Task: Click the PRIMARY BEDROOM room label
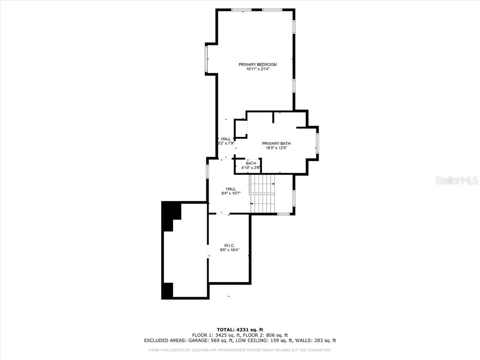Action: point(257,64)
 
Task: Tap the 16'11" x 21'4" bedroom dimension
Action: point(257,69)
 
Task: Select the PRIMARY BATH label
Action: point(276,143)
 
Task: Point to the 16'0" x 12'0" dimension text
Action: point(276,148)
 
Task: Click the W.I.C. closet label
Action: point(229,245)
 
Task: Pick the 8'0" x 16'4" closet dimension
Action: point(230,250)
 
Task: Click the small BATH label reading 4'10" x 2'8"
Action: point(251,165)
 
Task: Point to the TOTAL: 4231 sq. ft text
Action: point(240,330)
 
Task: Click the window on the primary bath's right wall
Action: point(317,143)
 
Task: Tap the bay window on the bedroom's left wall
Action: point(206,59)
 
